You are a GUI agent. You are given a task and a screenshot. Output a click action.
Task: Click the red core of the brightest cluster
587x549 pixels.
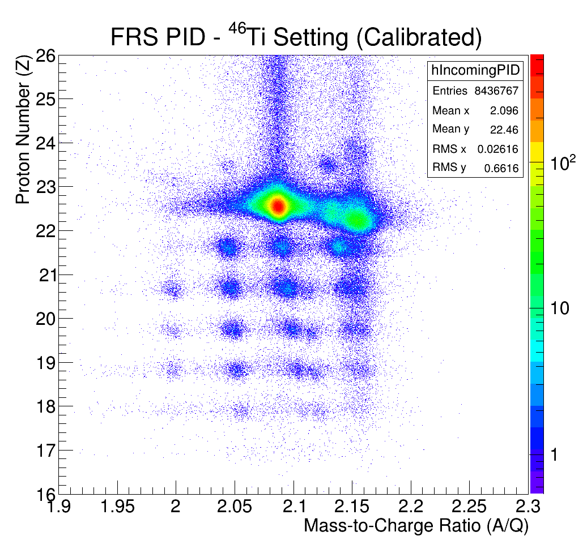click(x=278, y=206)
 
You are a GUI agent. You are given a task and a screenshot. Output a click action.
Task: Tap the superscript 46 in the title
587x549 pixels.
click(x=236, y=30)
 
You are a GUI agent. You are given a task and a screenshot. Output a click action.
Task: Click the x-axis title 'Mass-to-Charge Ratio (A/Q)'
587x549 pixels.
click(x=416, y=526)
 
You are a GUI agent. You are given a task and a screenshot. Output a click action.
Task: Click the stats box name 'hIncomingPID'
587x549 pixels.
click(x=475, y=70)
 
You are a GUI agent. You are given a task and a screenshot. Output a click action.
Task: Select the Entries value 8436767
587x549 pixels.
click(x=496, y=91)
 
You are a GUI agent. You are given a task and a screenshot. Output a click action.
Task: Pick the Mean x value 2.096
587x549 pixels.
click(x=505, y=110)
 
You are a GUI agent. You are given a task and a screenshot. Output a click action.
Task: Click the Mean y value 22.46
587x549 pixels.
click(x=505, y=130)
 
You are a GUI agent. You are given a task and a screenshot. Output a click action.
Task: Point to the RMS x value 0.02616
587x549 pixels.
click(x=497, y=149)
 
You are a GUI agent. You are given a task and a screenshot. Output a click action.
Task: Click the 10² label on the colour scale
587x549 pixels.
click(x=563, y=163)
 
